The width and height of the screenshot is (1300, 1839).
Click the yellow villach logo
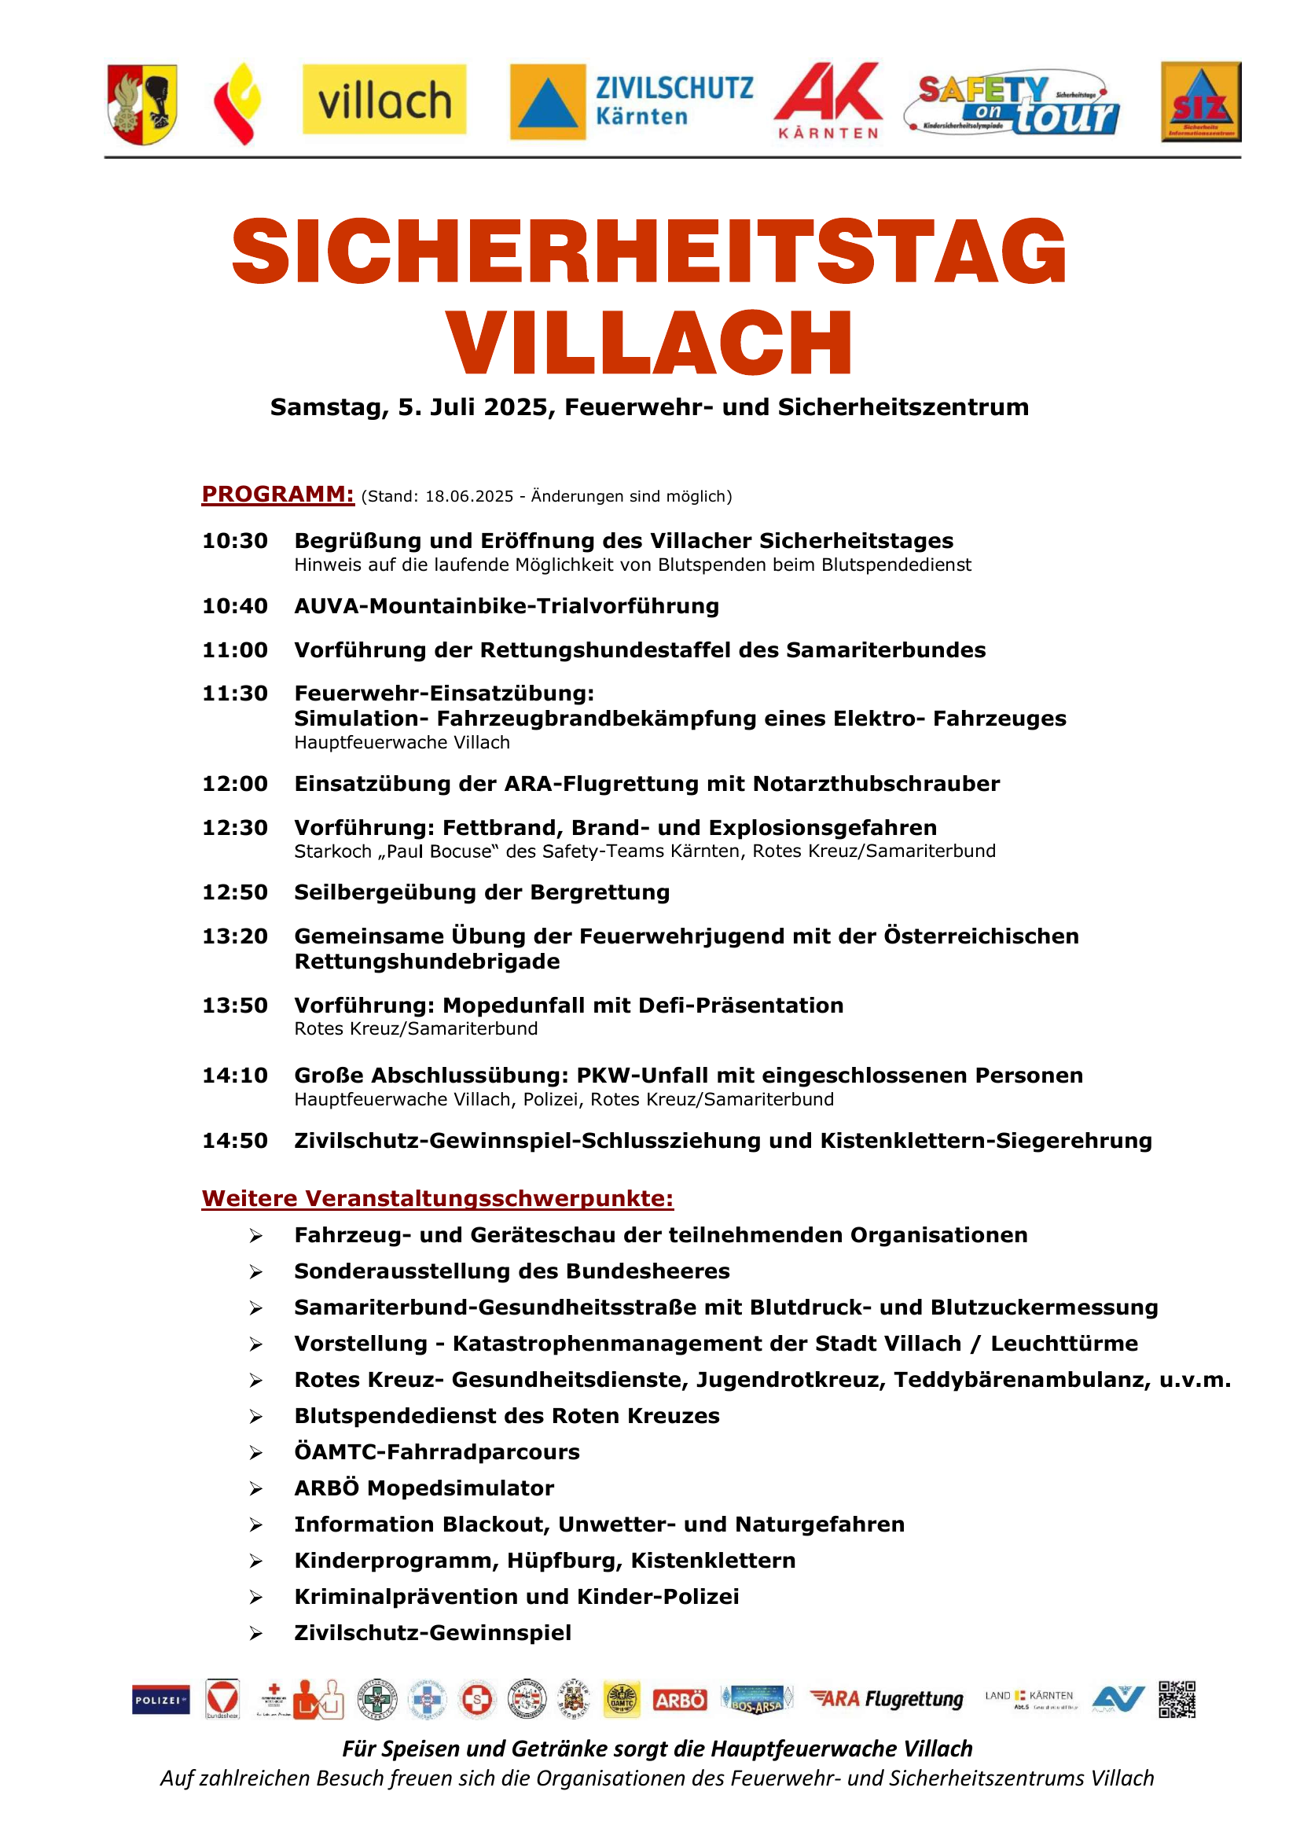point(384,100)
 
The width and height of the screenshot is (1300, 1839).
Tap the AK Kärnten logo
point(828,100)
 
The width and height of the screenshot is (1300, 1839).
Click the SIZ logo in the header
point(1201,101)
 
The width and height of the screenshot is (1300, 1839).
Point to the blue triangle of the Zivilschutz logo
point(549,103)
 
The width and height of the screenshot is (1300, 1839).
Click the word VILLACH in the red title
point(649,343)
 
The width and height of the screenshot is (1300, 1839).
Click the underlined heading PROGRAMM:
point(277,495)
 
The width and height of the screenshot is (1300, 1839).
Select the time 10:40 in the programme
point(234,606)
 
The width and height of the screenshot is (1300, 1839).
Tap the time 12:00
point(234,783)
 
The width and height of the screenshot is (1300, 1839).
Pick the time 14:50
point(234,1141)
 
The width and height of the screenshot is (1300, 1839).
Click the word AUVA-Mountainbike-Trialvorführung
point(507,606)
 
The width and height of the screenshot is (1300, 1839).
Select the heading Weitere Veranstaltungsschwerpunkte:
point(437,1198)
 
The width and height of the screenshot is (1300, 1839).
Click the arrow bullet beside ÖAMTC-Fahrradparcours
point(255,1453)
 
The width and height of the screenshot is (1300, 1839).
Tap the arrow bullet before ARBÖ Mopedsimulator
point(255,1489)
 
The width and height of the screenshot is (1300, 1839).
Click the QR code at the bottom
point(1177,1700)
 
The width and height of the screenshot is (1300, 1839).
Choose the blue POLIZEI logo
point(161,1701)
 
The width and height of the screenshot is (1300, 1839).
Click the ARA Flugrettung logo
point(886,1700)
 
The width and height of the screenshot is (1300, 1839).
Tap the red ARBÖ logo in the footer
point(680,1701)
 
